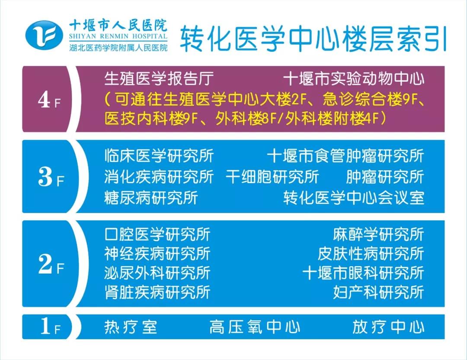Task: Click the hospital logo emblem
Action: (44, 35)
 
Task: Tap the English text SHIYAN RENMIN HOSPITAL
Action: (118, 37)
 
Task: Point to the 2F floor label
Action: (51, 265)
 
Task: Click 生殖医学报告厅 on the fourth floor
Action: (159, 79)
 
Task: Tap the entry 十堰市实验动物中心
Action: (354, 79)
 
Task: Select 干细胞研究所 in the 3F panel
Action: (272, 177)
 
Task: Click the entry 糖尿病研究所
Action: (151, 198)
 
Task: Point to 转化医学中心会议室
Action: (354, 198)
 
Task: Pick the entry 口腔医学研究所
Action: (157, 234)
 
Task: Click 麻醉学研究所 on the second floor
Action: (378, 234)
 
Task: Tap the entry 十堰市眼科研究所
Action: (363, 273)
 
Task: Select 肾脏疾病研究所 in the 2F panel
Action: (157, 292)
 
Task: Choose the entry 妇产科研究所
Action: (378, 292)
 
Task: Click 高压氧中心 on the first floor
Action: (255, 327)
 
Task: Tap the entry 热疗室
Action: (131, 327)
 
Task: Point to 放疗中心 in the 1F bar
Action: (388, 327)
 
